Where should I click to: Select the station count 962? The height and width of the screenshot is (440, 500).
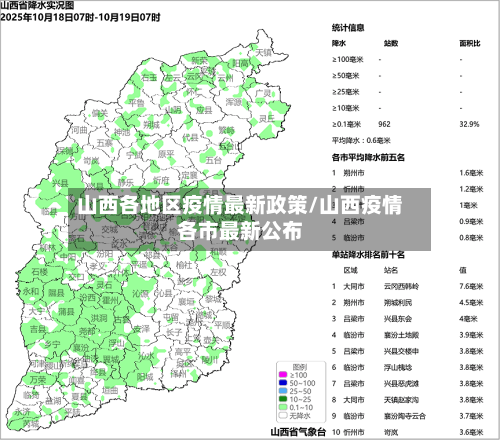tap(384, 124)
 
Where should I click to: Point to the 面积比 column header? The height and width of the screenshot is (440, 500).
tap(469, 43)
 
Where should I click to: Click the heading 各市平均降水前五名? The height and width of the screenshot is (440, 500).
tap(368, 156)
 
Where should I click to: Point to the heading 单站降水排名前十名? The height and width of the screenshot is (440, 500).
tap(370, 254)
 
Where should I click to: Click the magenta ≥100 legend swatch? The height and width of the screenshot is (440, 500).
tap(281, 375)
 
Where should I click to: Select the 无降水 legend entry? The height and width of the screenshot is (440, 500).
tap(299, 415)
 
